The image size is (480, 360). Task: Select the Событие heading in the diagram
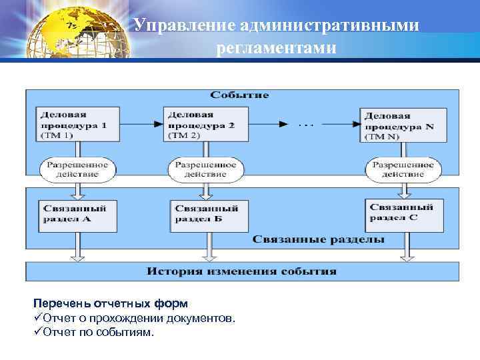click(x=239, y=95)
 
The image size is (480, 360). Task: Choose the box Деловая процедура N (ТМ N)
click(x=401, y=125)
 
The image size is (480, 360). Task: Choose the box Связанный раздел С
click(x=403, y=213)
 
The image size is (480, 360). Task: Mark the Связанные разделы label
click(x=318, y=239)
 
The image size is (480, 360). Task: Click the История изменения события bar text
click(x=242, y=272)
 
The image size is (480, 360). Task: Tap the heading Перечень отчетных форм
click(x=106, y=303)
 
